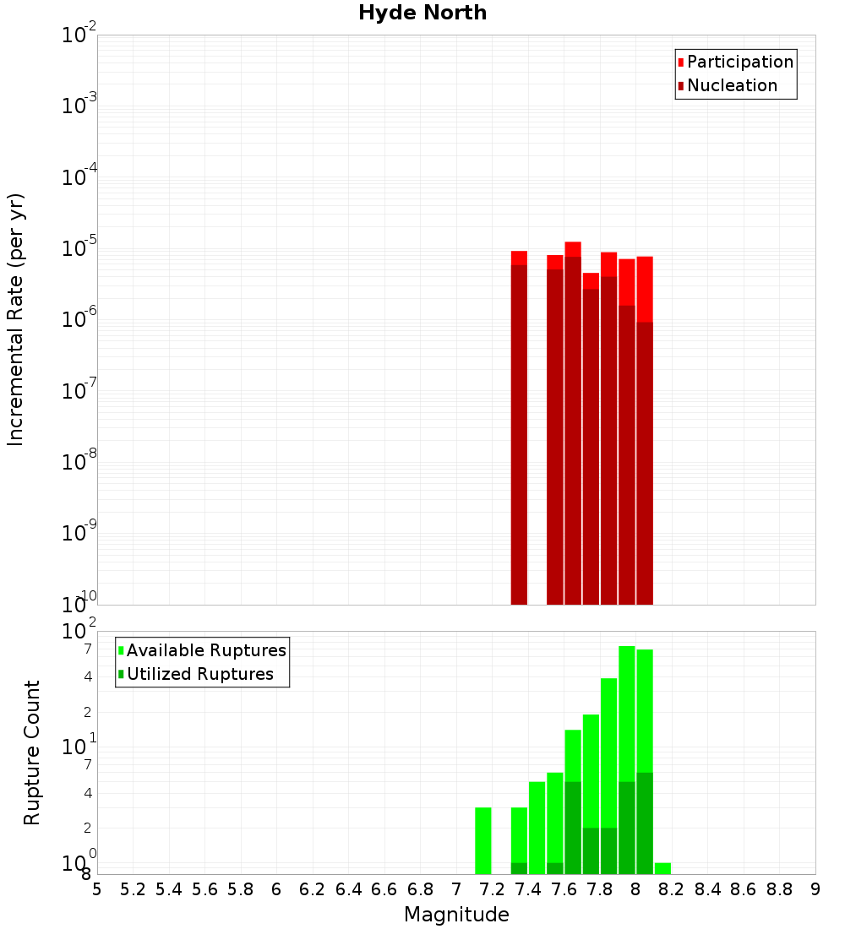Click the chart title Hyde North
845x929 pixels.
(x=422, y=13)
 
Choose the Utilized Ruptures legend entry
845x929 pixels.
(x=199, y=674)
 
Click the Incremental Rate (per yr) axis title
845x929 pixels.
(x=15, y=319)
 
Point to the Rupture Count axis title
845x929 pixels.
(x=32, y=752)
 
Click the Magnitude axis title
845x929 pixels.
(x=456, y=915)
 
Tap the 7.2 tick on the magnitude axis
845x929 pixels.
(x=492, y=888)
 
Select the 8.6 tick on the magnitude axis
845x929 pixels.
(x=744, y=888)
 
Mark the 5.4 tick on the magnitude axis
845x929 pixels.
(x=169, y=888)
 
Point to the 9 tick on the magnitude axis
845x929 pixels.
(x=815, y=888)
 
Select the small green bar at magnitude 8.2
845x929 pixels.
(x=662, y=868)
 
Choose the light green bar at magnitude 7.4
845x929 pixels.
(x=537, y=828)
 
